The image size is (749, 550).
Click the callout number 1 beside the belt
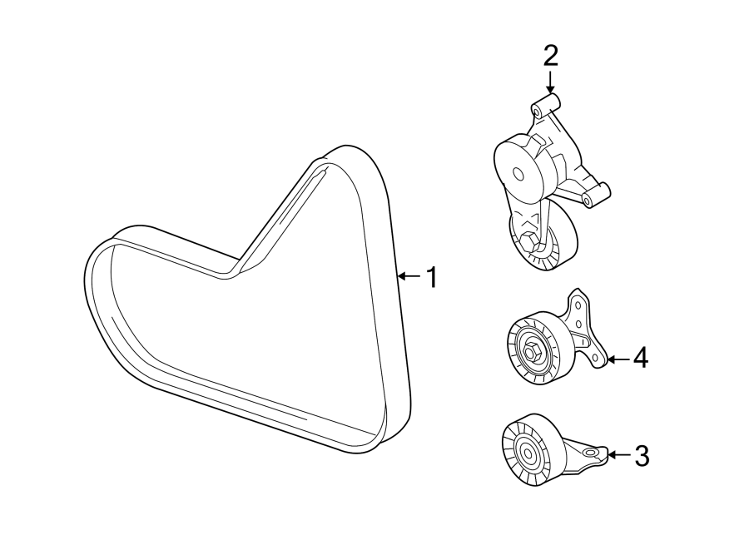(x=430, y=277)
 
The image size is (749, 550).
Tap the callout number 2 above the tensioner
(x=550, y=57)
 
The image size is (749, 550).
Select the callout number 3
(x=641, y=455)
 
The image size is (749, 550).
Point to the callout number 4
(x=639, y=359)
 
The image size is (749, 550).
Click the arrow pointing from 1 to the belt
(x=409, y=276)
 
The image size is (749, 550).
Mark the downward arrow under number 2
(x=550, y=82)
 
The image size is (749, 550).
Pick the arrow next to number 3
(x=618, y=454)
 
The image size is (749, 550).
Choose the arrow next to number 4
(x=617, y=359)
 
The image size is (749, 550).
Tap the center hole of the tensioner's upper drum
(x=518, y=175)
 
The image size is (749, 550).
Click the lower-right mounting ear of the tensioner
(x=593, y=200)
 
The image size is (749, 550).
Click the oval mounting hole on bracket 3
(x=592, y=453)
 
